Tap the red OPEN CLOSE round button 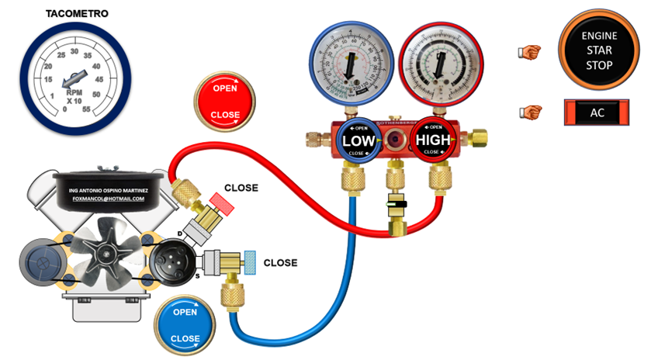pyautogui.click(x=225, y=101)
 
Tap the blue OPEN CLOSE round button pyautogui.click(x=185, y=325)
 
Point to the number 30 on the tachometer pyautogui.click(x=74, y=52)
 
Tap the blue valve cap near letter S pyautogui.click(x=250, y=262)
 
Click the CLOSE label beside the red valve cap pyautogui.click(x=241, y=188)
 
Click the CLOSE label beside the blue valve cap pyautogui.click(x=280, y=262)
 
